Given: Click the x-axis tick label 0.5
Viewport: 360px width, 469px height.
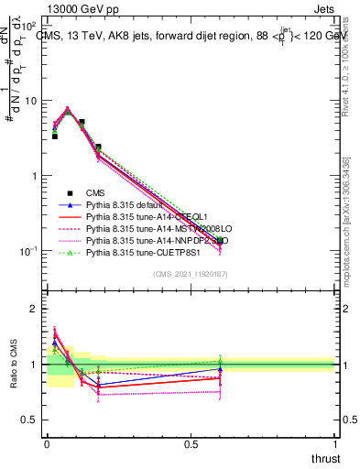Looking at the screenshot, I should point(191,442).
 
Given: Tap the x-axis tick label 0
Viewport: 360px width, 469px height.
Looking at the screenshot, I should point(47,442).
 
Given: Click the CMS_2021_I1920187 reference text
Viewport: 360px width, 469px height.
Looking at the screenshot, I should point(191,274).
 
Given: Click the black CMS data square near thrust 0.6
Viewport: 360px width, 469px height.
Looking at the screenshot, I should point(220,240).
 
